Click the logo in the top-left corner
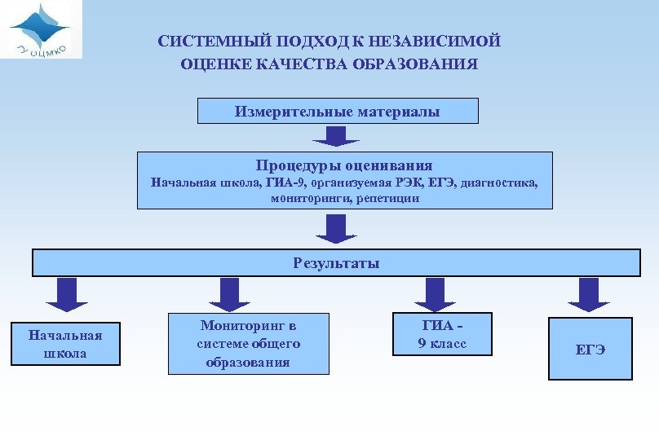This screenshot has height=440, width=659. coord(41,29)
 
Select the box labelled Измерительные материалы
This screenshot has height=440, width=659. coord(338,112)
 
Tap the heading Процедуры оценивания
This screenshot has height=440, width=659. coord(344,165)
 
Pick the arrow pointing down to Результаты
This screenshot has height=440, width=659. coord(336,228)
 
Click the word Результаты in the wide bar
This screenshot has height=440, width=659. coord(336,263)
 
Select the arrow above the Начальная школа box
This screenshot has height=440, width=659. coord(67,294)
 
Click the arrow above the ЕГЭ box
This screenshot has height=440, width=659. coord(589,294)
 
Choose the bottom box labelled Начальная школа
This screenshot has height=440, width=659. coord(65,344)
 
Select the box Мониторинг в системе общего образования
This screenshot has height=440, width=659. coord(249,344)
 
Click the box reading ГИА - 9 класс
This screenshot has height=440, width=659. coord(442,334)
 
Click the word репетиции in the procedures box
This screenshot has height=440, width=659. coord(387,198)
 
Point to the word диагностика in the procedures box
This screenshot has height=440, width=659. coord(499,183)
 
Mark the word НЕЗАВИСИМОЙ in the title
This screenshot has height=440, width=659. coord(440,41)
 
